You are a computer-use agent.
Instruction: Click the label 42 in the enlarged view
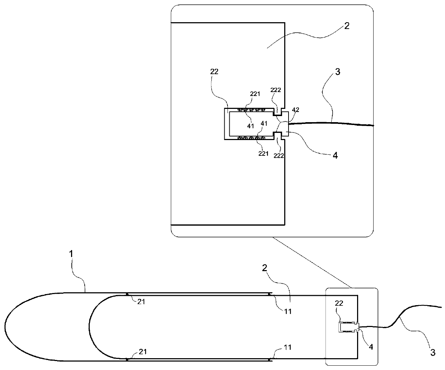coord(295,110)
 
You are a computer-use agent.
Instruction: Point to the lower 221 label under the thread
coord(264,154)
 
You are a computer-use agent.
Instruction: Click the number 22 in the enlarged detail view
coord(214,72)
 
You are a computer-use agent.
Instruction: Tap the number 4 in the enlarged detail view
coord(335,156)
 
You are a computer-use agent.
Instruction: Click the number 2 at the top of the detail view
coord(347,26)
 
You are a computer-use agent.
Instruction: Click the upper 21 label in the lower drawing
coord(141,302)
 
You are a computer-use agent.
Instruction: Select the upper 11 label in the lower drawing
coord(288,311)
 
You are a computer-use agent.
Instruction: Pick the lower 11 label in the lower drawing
coord(288,347)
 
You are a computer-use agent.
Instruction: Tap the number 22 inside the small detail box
coord(339,303)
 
